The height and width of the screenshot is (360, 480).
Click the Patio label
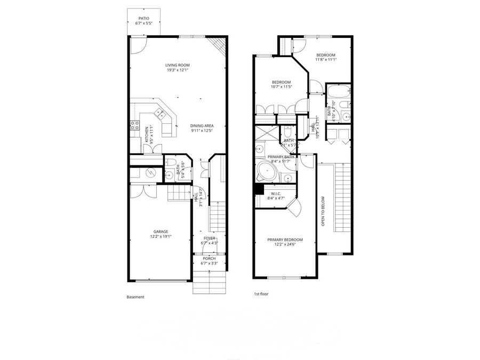(145, 21)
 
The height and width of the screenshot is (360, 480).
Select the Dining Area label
(202, 128)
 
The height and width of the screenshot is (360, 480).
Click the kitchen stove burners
(132, 126)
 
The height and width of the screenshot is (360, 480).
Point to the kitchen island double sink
(159, 113)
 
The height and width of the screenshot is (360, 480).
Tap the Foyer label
(209, 240)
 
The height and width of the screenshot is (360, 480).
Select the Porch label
(209, 261)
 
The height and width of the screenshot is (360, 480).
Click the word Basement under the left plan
(135, 297)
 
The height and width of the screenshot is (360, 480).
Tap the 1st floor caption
(261, 294)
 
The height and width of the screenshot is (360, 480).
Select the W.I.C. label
(276, 196)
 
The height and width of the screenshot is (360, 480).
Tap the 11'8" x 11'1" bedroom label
(325, 58)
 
